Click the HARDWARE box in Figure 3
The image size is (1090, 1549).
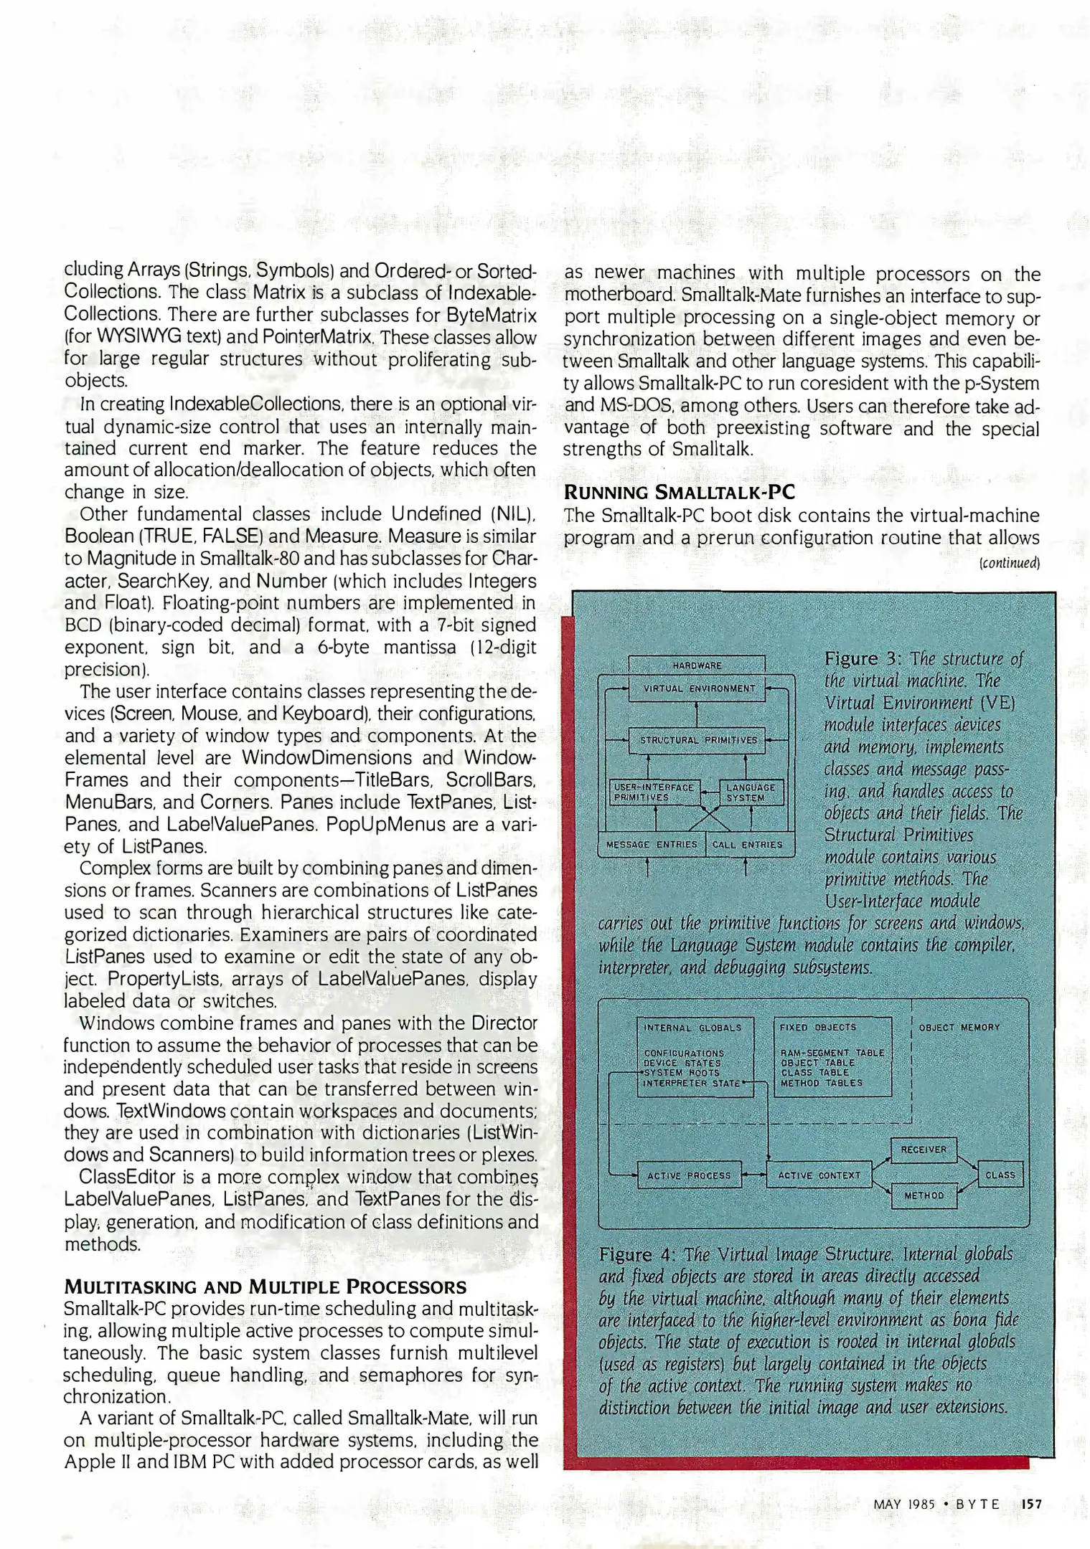point(697,665)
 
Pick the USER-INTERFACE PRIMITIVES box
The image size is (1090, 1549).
point(654,792)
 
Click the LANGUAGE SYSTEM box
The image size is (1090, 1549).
point(750,792)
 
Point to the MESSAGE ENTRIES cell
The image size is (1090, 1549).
point(652,844)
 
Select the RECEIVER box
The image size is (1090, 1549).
point(924,1150)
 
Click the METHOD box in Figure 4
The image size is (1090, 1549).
point(924,1195)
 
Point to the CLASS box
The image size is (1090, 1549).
point(1000,1175)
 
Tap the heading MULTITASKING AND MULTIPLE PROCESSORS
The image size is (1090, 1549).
point(266,1287)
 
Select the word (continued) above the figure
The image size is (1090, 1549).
point(1010,563)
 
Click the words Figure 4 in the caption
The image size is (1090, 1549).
point(636,1255)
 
